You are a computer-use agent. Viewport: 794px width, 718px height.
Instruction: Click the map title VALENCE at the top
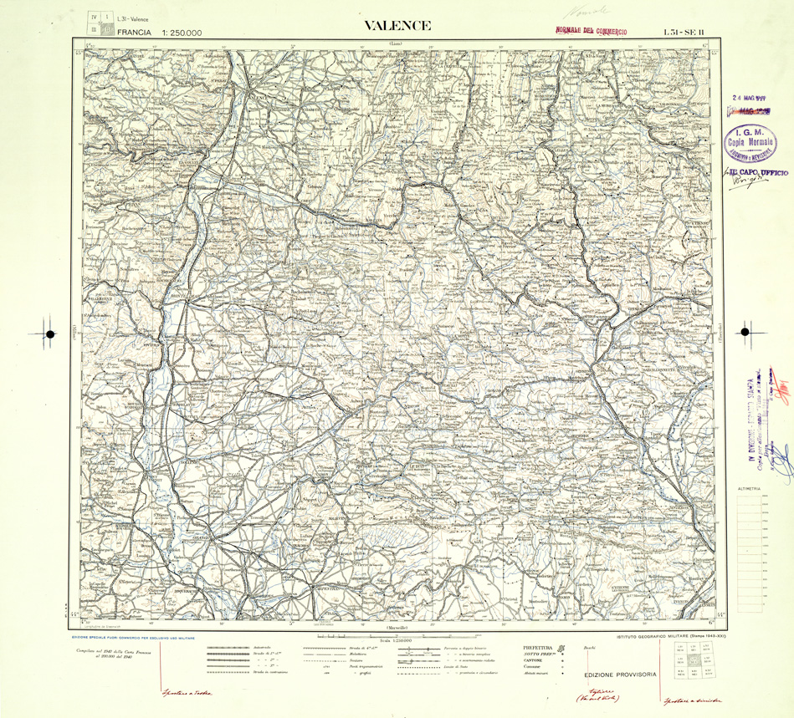click(x=397, y=26)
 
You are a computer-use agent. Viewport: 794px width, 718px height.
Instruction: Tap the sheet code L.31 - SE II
click(x=684, y=32)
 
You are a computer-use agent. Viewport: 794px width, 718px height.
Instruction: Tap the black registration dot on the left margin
click(x=50, y=334)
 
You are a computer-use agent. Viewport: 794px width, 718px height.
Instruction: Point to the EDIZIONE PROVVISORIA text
click(x=620, y=675)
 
